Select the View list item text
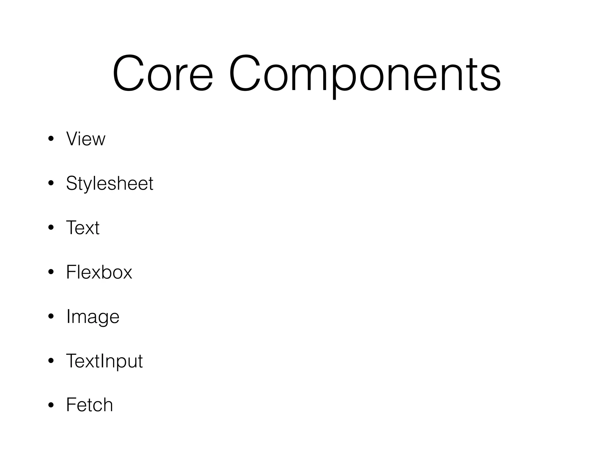(86, 139)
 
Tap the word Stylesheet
(110, 183)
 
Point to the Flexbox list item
(99, 272)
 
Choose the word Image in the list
(93, 317)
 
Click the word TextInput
(104, 361)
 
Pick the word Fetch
(89, 405)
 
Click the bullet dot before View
(51, 139)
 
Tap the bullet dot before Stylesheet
(51, 183)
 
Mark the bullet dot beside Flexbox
(51, 272)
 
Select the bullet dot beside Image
(51, 316)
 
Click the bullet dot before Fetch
(51, 405)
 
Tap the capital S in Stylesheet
(72, 183)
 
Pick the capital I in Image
(68, 316)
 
